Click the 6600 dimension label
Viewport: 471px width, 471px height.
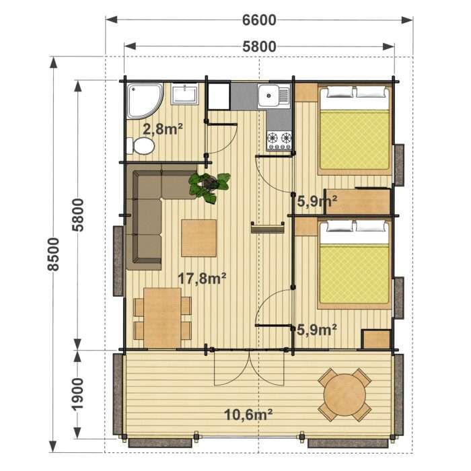(x=259, y=20)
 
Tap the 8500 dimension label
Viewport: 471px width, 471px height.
(x=53, y=254)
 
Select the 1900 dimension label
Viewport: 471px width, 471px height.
(x=78, y=394)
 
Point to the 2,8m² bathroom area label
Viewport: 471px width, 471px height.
(x=163, y=129)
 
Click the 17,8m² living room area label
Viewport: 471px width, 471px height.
(x=202, y=279)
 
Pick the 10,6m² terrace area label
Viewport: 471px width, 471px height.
(x=248, y=415)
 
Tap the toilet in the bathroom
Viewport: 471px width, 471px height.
(x=141, y=146)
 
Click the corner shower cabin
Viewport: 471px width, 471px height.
(x=145, y=101)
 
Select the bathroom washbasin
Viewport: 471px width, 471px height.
(x=185, y=94)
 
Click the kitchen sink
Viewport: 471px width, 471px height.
(x=275, y=96)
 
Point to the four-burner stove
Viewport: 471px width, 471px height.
(x=279, y=141)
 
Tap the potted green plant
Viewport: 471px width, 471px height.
(x=209, y=187)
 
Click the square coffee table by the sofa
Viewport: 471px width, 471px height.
(x=199, y=238)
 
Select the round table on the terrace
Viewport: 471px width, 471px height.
(x=345, y=395)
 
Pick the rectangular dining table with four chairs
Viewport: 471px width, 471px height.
(x=163, y=318)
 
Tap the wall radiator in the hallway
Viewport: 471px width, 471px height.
(x=268, y=227)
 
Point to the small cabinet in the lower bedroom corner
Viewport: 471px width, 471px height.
(x=375, y=339)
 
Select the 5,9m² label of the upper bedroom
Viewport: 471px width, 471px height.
(x=317, y=201)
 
